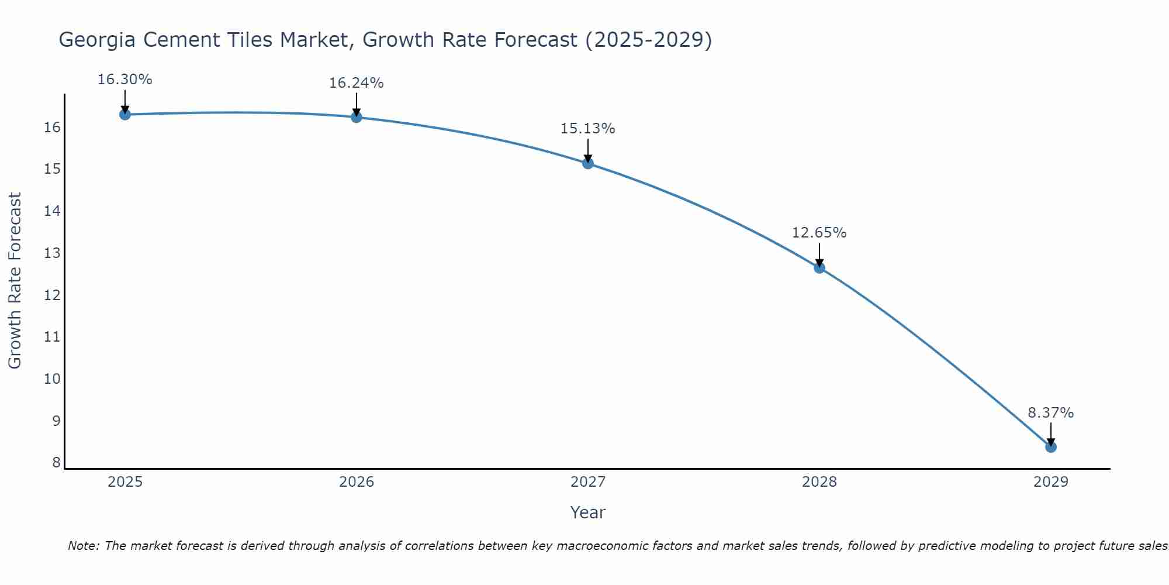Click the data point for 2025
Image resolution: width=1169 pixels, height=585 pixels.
pos(124,114)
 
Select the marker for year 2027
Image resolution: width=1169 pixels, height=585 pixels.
pos(588,163)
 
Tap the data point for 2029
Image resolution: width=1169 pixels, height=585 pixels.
pos(1050,447)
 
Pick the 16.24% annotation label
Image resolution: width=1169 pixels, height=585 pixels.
pos(356,83)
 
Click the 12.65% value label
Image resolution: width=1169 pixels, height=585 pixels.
pos(819,233)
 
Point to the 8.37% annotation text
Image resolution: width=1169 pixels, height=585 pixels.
pos(1050,413)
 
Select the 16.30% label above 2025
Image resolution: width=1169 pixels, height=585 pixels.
pos(124,80)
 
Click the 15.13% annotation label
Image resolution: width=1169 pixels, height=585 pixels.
pos(587,129)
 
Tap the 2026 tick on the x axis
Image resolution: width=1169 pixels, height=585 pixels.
pos(357,482)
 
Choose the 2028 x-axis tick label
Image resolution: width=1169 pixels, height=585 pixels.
pos(819,482)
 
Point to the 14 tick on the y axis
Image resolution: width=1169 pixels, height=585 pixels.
pos(53,211)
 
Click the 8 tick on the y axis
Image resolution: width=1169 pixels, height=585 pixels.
pos(56,463)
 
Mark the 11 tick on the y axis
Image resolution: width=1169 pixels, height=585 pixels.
pos(53,337)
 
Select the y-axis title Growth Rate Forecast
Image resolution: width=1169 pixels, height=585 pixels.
pos(15,280)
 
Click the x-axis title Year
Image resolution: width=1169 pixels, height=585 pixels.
pos(587,512)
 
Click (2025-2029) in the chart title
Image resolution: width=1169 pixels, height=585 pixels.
pos(648,40)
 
